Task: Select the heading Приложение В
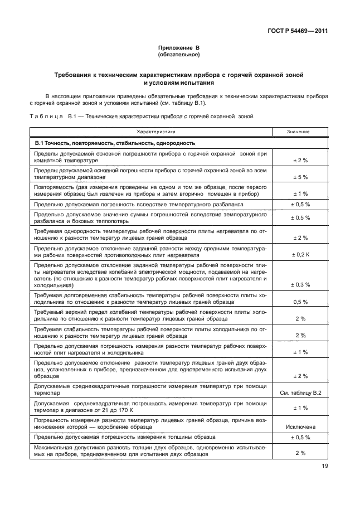pos(179,49)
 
